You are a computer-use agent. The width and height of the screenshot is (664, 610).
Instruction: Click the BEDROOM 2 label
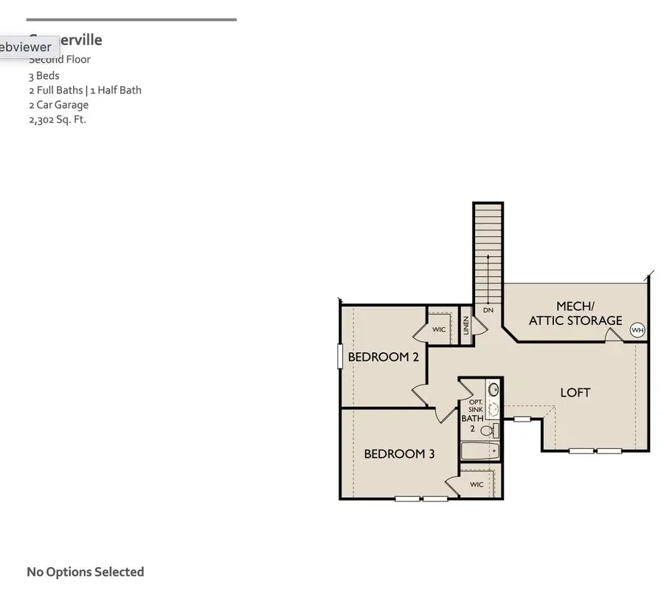pos(383,357)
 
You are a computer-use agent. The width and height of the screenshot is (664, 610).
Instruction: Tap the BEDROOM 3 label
pos(399,454)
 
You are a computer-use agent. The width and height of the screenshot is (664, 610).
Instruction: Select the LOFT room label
pos(575,393)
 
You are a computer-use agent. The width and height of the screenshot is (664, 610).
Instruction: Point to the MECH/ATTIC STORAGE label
pos(575,313)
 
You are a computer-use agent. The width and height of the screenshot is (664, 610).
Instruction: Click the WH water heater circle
pos(637,330)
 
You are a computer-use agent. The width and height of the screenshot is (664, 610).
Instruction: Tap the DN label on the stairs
pos(488,310)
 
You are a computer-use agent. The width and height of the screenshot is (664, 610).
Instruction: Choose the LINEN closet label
pos(466,326)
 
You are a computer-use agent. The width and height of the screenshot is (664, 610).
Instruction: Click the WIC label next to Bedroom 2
pos(439,329)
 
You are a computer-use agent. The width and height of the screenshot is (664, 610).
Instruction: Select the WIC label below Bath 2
pos(477,484)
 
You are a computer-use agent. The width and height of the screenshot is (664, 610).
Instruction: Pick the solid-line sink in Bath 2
pos(494,389)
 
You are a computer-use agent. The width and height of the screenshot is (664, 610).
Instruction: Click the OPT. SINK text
pos(475,406)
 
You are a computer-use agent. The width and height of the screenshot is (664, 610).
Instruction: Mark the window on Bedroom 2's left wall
pos(340,357)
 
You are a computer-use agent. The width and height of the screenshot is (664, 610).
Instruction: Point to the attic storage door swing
pos(613,335)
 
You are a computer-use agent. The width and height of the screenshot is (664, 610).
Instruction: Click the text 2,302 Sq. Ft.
pos(58,120)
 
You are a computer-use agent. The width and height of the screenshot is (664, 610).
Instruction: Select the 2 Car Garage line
pos(59,105)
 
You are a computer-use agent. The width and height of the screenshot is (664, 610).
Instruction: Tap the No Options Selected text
pos(86,572)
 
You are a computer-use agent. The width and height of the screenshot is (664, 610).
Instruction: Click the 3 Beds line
pos(44,75)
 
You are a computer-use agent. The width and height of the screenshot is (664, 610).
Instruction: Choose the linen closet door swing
pos(477,326)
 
